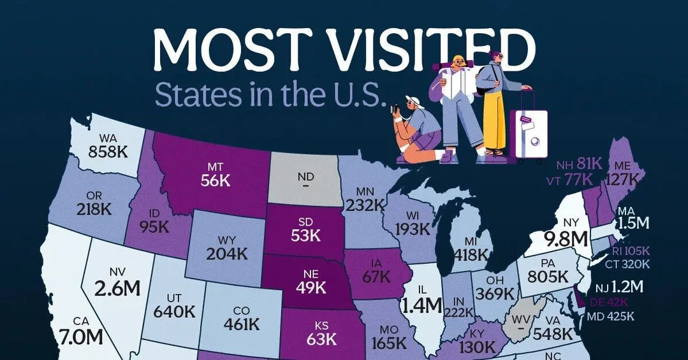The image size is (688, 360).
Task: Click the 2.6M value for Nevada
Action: click(116, 287)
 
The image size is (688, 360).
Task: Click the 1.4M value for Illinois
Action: click(421, 305)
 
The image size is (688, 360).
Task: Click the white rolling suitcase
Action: click(529, 130)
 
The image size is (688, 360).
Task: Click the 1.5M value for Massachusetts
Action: click(648, 224)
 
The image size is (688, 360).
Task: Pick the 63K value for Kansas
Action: click(321, 338)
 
